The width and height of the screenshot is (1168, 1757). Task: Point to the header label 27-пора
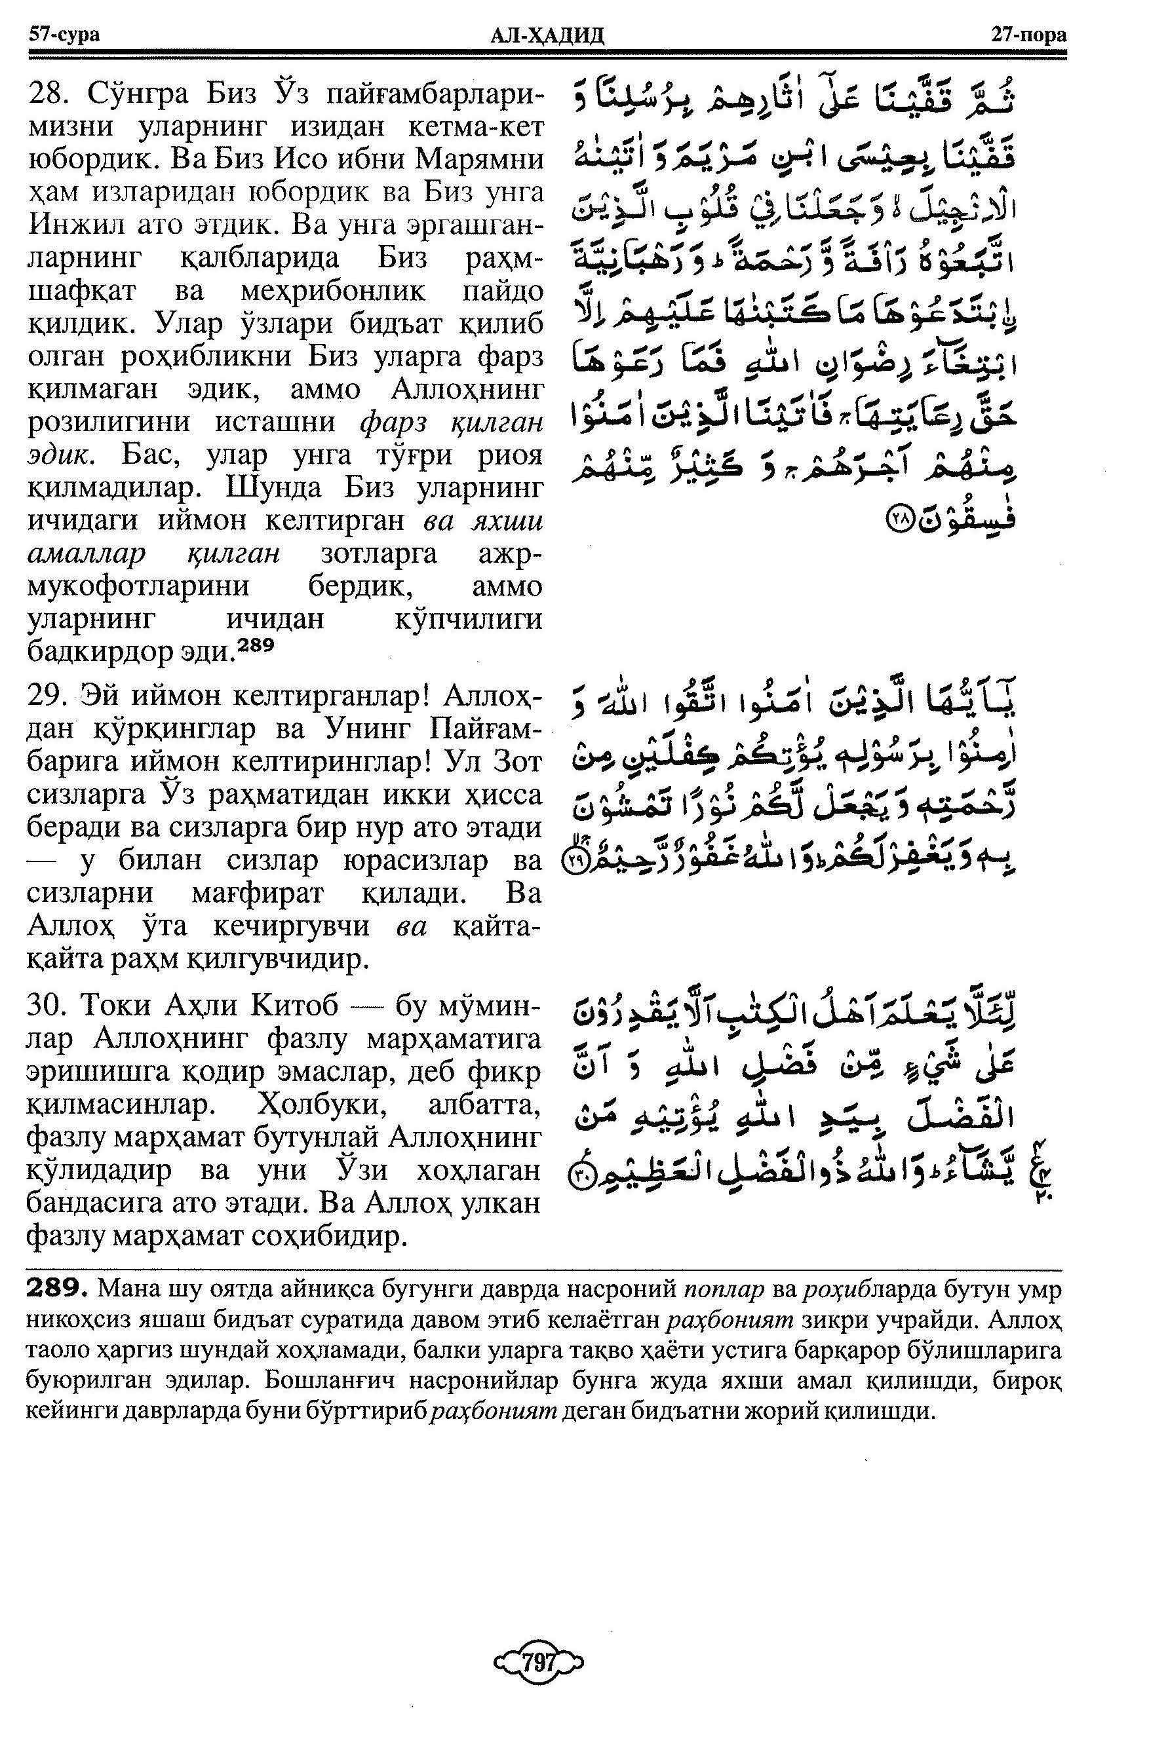pos(1028,34)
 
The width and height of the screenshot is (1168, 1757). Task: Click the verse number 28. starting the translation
pos(49,94)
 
